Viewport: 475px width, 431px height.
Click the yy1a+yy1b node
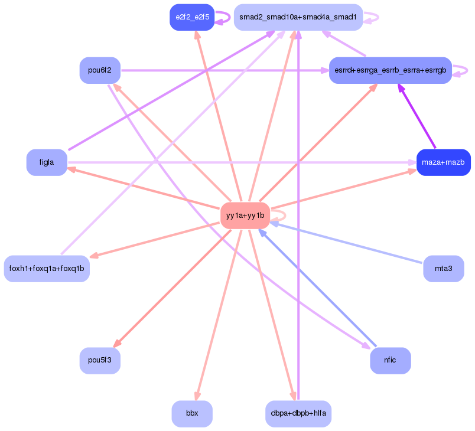point(245,215)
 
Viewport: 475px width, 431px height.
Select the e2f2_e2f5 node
point(192,17)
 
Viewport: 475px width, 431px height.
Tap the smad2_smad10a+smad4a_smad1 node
point(298,17)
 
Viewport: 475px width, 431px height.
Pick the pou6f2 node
point(100,70)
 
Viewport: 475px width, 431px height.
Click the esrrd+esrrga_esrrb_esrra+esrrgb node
point(391,70)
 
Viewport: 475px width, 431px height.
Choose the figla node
point(47,162)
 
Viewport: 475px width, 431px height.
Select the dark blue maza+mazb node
point(444,162)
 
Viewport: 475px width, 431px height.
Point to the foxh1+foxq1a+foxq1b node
point(47,269)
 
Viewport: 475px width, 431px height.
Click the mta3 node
point(444,269)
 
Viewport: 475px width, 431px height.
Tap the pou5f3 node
point(100,361)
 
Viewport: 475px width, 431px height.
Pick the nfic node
point(391,361)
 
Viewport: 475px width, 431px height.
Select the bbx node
point(192,414)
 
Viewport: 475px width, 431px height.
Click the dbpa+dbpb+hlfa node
point(298,414)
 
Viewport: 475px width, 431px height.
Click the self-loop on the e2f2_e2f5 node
point(223,18)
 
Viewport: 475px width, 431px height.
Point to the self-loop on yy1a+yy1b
point(279,215)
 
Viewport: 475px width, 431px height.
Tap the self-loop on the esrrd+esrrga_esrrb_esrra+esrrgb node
point(460,70)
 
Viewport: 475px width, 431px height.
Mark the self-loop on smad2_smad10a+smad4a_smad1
point(372,18)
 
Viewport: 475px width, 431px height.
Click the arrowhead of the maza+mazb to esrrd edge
point(401,88)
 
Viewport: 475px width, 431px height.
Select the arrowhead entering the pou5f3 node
point(117,343)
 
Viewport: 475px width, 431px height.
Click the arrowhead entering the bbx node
point(197,396)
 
